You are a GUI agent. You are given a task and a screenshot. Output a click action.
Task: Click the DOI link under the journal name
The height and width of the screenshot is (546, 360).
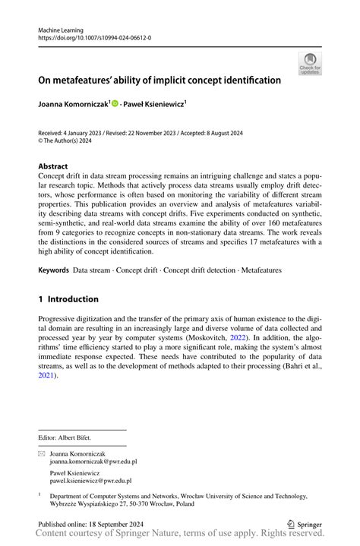[89, 36]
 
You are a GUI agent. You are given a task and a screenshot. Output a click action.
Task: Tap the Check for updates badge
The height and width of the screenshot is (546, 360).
[309, 64]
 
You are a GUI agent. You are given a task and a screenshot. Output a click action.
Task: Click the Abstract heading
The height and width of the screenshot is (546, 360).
[53, 166]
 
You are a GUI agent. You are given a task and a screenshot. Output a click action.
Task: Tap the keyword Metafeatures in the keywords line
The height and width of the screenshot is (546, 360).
[261, 270]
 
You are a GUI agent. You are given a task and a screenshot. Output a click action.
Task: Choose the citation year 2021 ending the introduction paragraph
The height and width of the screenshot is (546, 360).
[48, 374]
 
